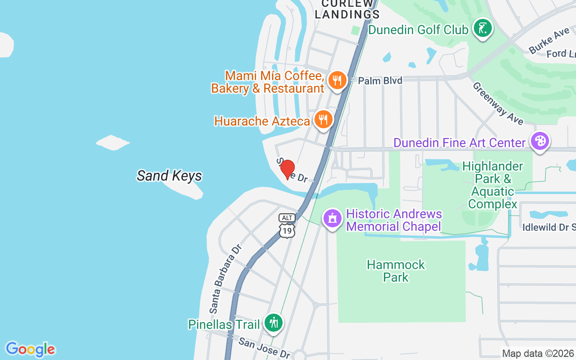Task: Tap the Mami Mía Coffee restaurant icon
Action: pyautogui.click(x=337, y=81)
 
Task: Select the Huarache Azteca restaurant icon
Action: pyautogui.click(x=323, y=120)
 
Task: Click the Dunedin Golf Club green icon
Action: pyautogui.click(x=483, y=29)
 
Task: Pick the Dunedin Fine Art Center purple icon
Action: pyautogui.click(x=540, y=142)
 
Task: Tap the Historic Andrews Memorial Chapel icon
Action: pyautogui.click(x=333, y=219)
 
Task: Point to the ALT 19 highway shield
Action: pyautogui.click(x=287, y=225)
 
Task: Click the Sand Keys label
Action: pyautogui.click(x=169, y=175)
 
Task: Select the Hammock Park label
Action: pyautogui.click(x=396, y=270)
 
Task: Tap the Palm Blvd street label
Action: pyautogui.click(x=380, y=81)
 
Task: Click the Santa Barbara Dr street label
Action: pyautogui.click(x=226, y=279)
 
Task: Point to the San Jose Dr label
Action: pyautogui.click(x=264, y=348)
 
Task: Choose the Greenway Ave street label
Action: pyautogui.click(x=498, y=103)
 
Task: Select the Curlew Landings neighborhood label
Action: pyautogui.click(x=347, y=9)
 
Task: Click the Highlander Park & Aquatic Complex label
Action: pyautogui.click(x=492, y=185)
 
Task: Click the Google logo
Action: pyautogui.click(x=30, y=349)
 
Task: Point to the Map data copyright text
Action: pyautogui.click(x=538, y=354)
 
